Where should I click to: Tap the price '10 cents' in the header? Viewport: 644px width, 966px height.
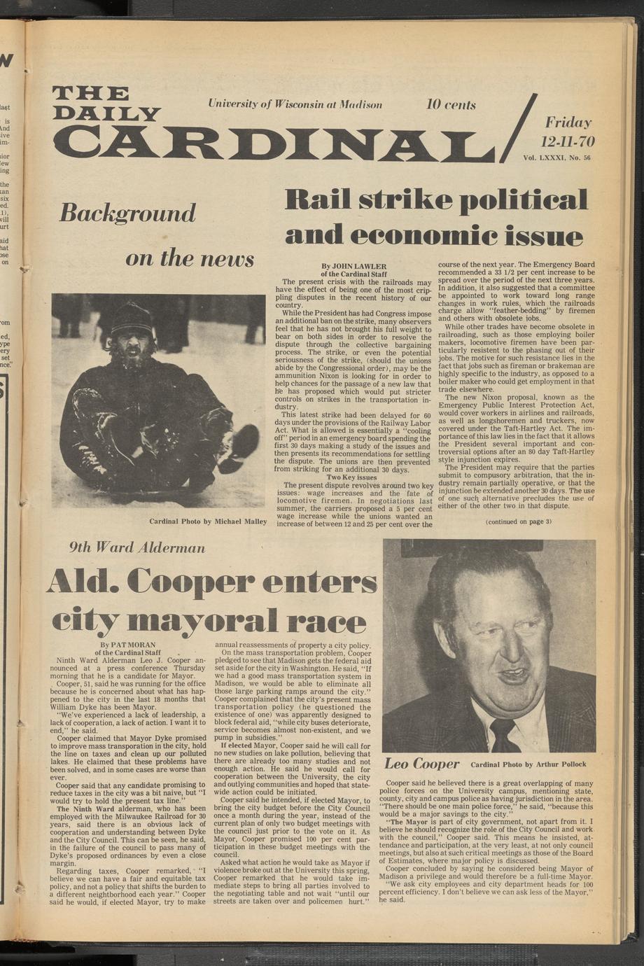click(451, 105)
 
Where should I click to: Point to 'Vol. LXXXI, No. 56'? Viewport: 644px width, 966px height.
click(556, 158)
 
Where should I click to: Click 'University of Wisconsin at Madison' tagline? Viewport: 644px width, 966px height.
click(295, 104)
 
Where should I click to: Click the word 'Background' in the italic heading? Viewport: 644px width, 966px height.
click(127, 213)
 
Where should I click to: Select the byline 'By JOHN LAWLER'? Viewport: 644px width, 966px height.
click(353, 266)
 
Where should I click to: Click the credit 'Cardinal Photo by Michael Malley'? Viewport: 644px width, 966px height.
click(208, 521)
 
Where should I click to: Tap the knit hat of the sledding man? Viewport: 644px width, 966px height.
click(132, 318)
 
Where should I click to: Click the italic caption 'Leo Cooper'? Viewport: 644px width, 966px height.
click(422, 763)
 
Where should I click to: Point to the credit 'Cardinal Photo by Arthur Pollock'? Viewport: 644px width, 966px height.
click(528, 764)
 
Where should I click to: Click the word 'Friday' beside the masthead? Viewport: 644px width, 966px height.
click(568, 122)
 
